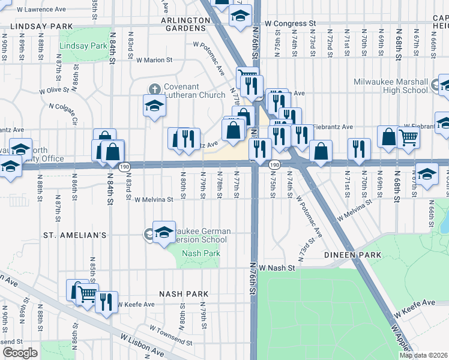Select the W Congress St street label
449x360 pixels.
(291, 23)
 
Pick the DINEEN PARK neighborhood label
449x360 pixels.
(353, 255)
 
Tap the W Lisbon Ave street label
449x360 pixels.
(142, 346)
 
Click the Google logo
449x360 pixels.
(20, 353)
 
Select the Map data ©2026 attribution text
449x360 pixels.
(423, 355)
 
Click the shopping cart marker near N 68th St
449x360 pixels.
(408, 137)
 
